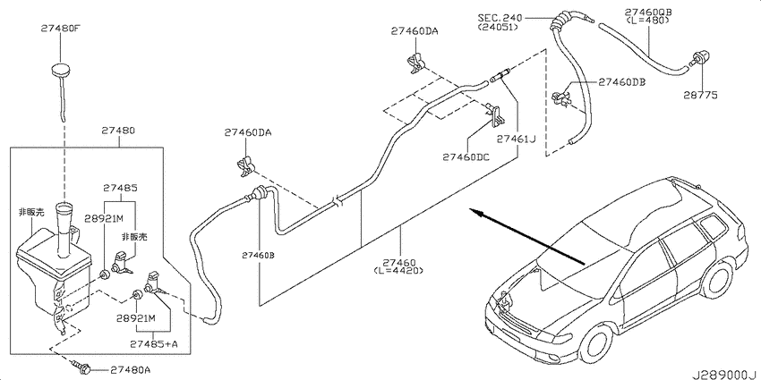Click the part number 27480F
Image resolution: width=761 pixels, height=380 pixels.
(x=59, y=28)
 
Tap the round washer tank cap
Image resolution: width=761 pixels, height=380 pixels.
(x=60, y=69)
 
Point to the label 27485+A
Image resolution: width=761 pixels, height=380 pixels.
(x=153, y=343)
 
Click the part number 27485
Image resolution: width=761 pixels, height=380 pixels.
(x=119, y=188)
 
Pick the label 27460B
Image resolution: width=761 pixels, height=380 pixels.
(x=259, y=255)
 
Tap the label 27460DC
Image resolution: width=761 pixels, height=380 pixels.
(x=466, y=157)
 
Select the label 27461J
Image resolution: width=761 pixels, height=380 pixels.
(x=516, y=139)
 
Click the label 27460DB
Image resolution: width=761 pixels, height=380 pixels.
(x=621, y=82)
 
